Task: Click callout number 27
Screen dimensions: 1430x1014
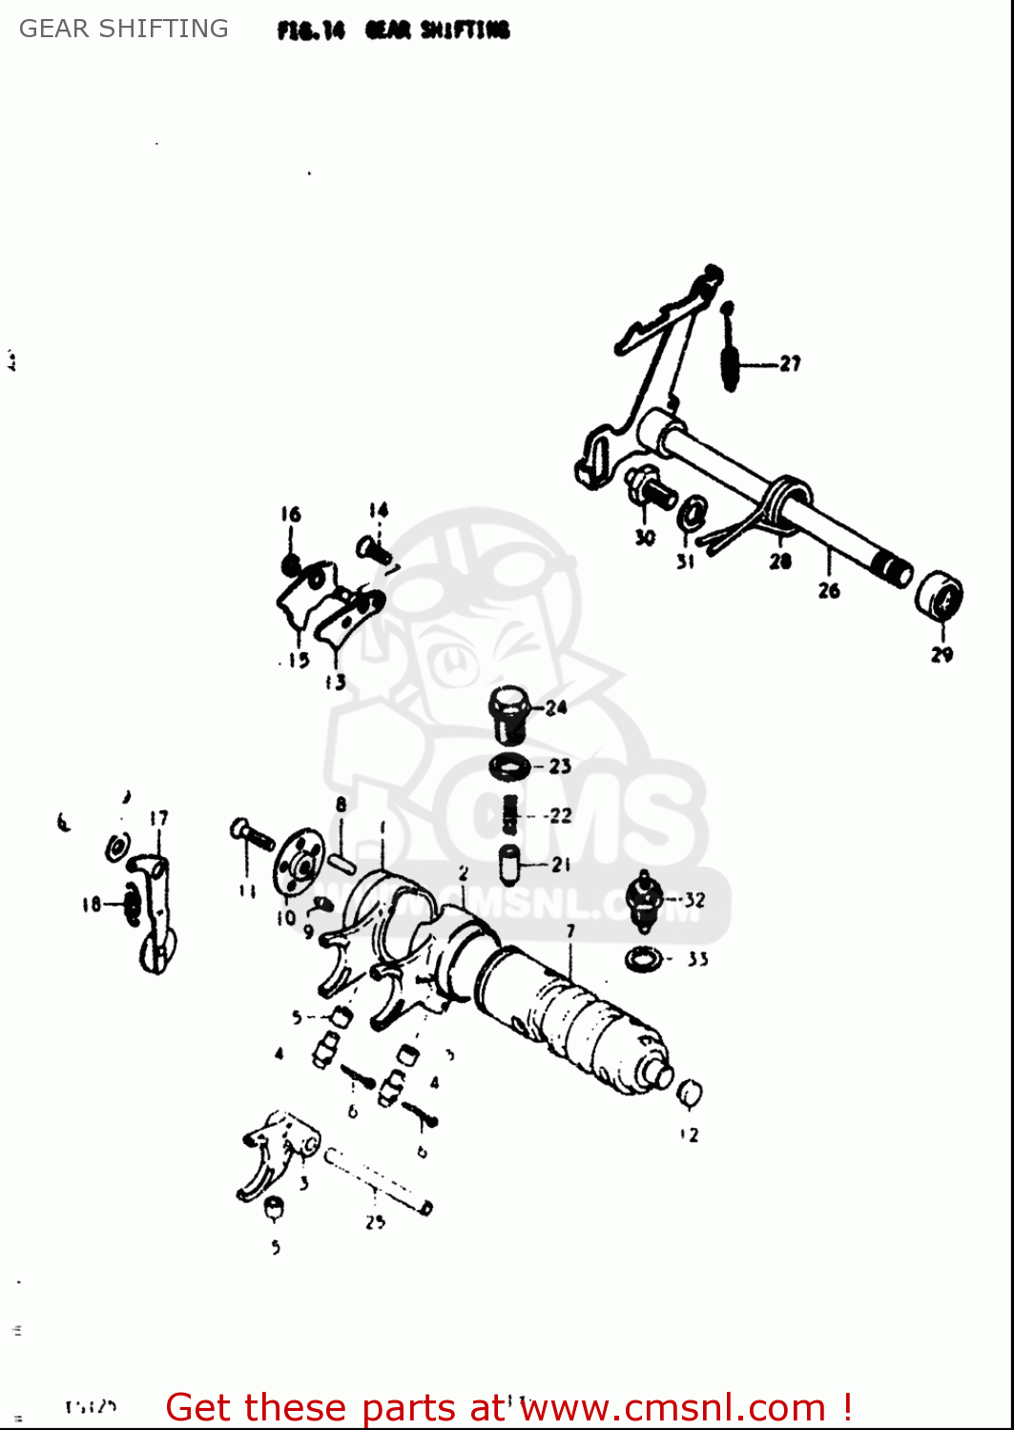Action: (x=790, y=363)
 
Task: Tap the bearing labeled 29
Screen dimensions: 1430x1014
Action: (x=940, y=597)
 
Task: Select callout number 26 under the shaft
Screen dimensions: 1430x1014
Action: (x=829, y=591)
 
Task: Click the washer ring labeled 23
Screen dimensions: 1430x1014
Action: (x=510, y=766)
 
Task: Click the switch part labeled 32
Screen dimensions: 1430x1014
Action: (x=645, y=901)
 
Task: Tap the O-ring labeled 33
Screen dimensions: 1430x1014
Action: (x=644, y=959)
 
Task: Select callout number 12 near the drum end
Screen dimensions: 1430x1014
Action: (x=690, y=1134)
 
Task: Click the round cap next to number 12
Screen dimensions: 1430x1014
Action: (x=690, y=1094)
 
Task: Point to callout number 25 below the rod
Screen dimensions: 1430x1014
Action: (x=376, y=1222)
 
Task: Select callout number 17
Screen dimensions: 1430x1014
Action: (x=158, y=818)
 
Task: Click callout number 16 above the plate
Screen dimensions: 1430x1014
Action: (x=291, y=515)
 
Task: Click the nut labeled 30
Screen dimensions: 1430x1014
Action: (x=651, y=487)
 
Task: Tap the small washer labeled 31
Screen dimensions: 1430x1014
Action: (x=693, y=513)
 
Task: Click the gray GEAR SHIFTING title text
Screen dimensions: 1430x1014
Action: (x=124, y=29)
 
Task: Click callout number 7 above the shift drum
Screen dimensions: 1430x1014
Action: (x=570, y=931)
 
